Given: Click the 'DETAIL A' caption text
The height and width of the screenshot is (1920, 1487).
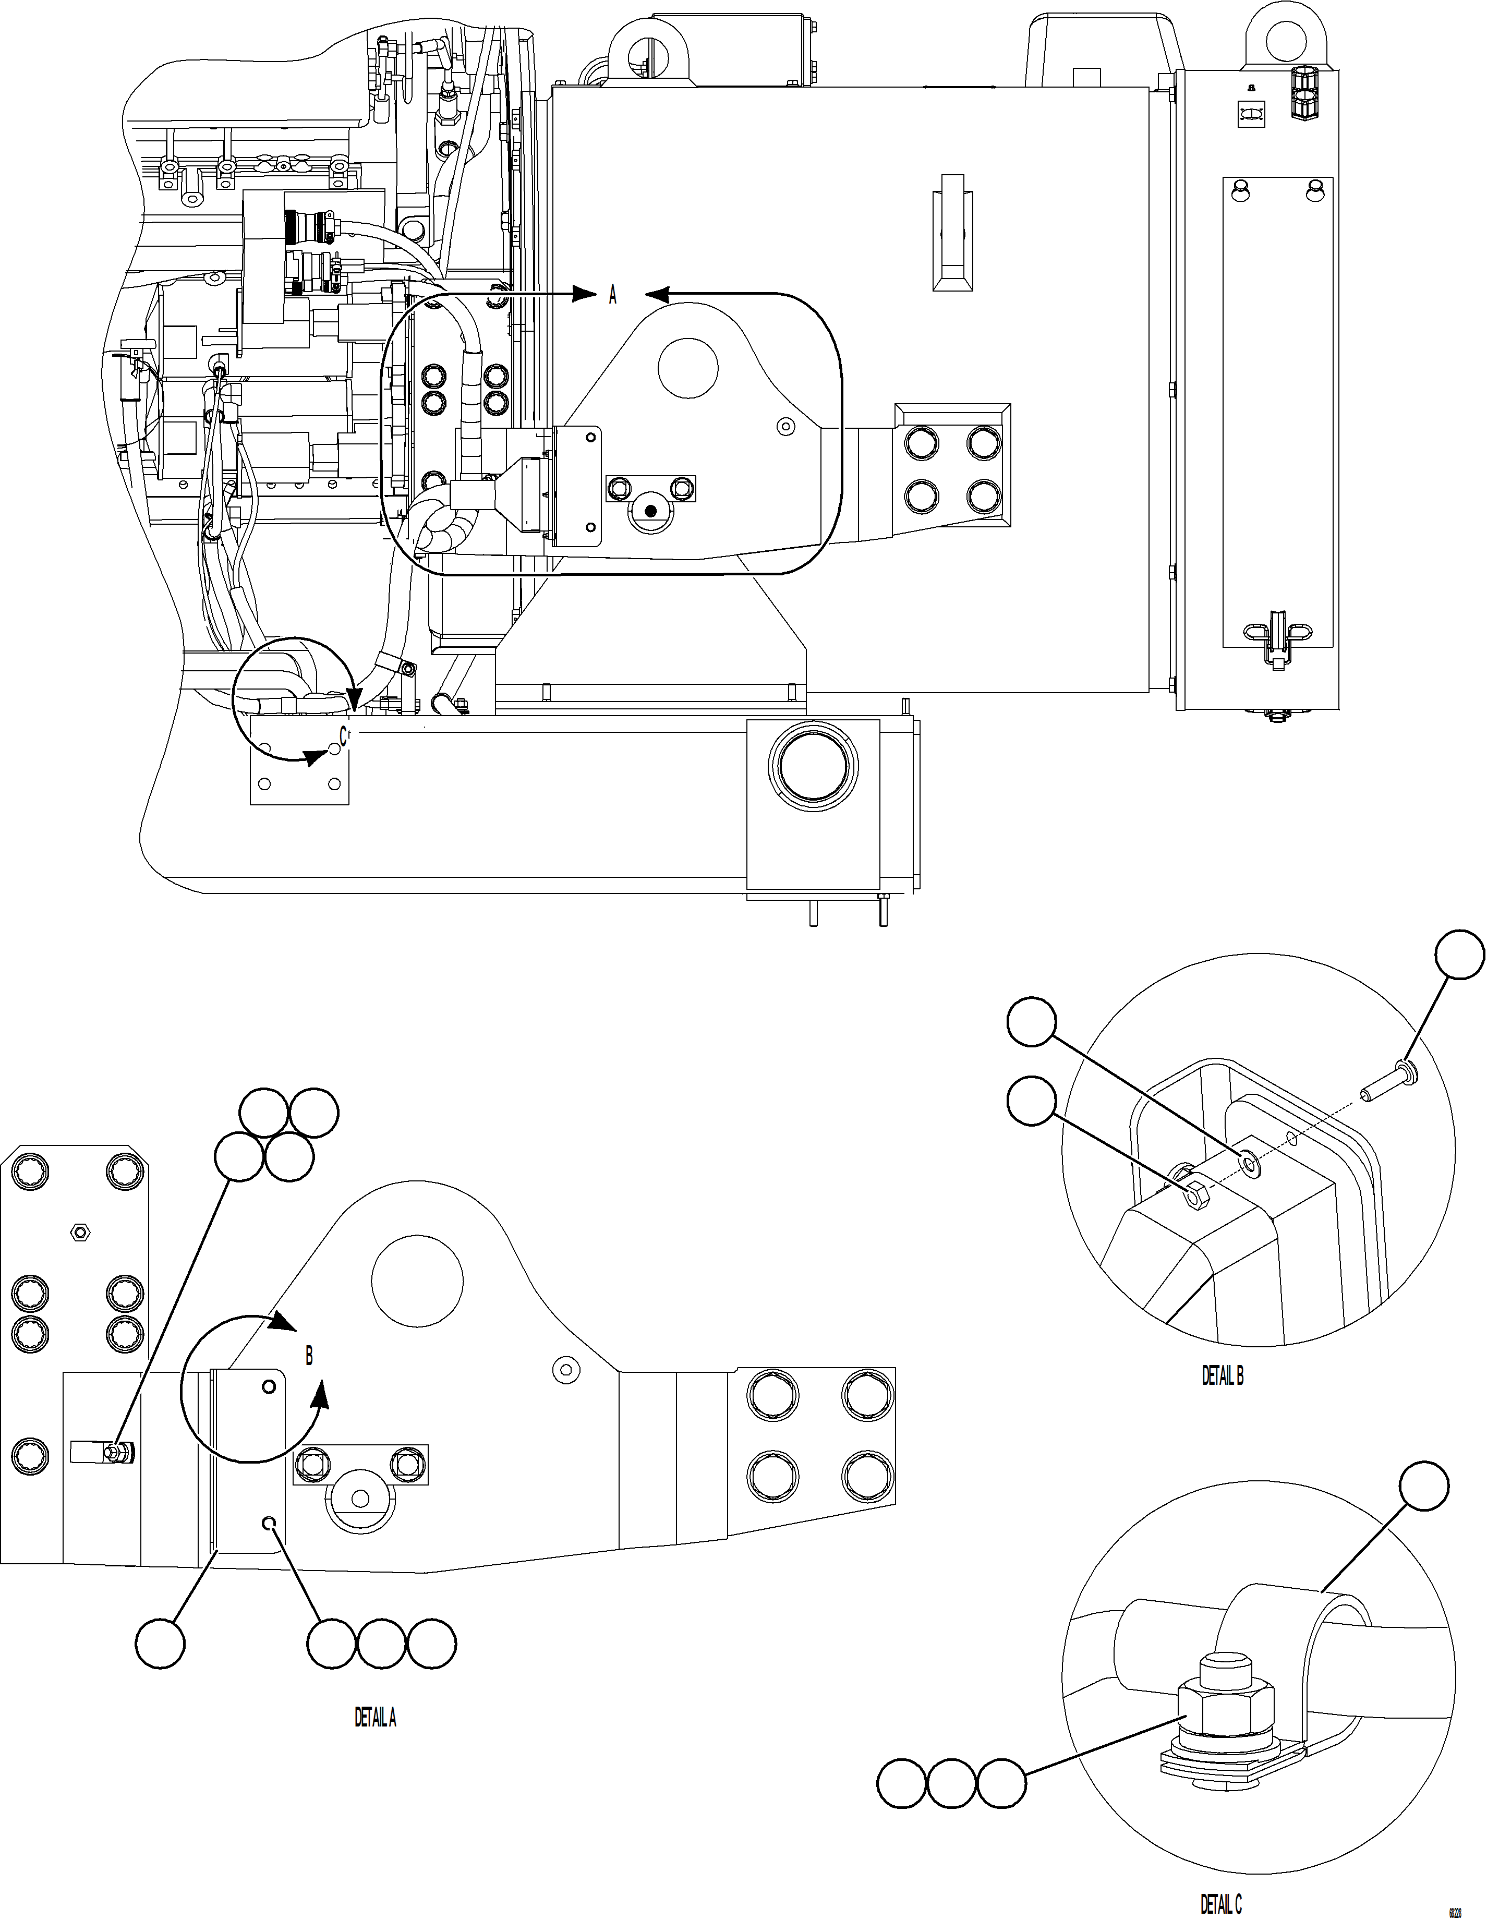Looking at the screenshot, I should point(375,1717).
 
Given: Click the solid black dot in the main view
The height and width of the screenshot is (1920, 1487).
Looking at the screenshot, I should point(650,510).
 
